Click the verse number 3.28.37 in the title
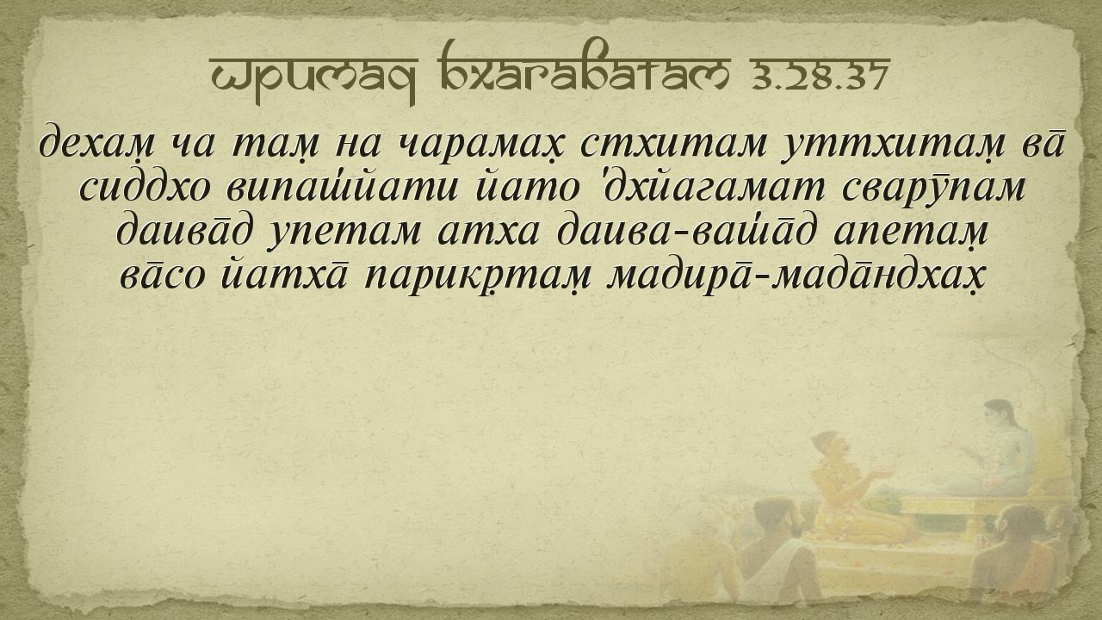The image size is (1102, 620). click(x=820, y=76)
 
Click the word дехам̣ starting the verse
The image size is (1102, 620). click(x=97, y=144)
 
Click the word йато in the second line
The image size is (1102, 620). click(x=526, y=188)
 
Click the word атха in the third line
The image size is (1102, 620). click(x=488, y=232)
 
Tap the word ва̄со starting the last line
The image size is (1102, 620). click(x=162, y=276)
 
